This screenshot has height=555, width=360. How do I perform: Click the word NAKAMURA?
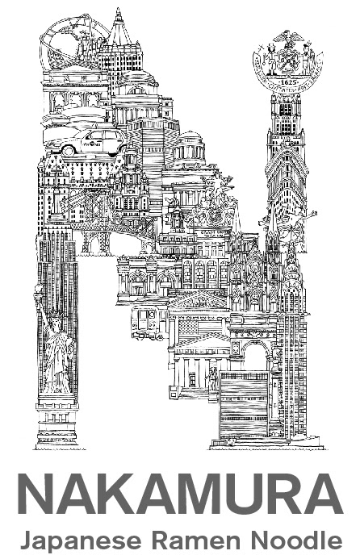coord(181,494)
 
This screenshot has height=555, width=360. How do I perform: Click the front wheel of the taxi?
coord(69,150)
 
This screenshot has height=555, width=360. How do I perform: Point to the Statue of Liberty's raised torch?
coord(38,292)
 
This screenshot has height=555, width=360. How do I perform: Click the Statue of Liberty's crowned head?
coord(52,319)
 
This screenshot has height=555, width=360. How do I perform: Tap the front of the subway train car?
coord(144,321)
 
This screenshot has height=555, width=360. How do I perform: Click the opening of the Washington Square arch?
coord(255,357)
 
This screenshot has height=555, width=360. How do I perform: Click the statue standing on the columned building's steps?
coord(213,378)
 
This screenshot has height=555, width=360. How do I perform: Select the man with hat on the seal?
coord(270,57)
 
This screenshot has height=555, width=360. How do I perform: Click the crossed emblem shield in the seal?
coord(287,59)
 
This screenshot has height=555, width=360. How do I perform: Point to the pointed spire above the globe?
coord(118,24)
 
